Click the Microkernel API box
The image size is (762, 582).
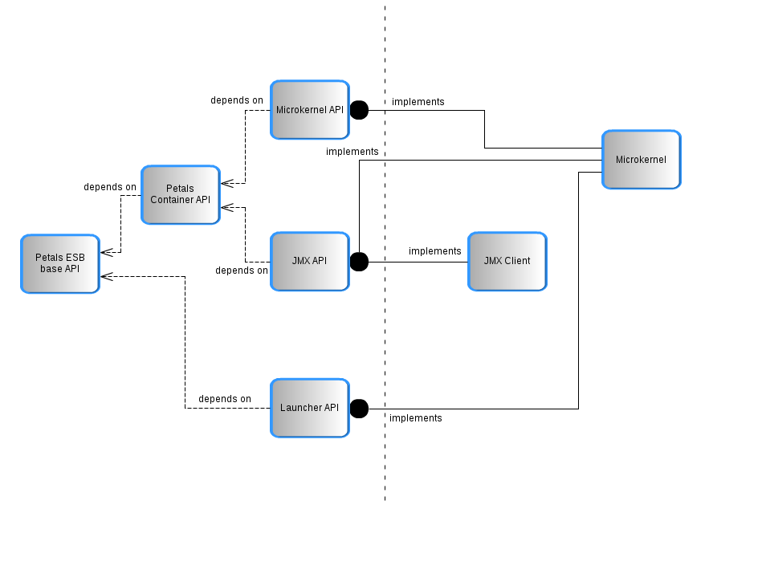[x=309, y=109]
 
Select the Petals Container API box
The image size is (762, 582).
[x=180, y=194]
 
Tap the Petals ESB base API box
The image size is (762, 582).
[x=59, y=263]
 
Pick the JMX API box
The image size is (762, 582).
[x=309, y=261]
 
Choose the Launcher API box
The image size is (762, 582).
[x=309, y=408]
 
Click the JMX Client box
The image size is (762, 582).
[x=507, y=261]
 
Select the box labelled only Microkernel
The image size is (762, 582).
[x=641, y=160]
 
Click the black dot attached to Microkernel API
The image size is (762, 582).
[x=359, y=109]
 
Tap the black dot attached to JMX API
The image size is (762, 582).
[x=359, y=261]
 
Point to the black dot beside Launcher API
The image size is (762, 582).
[x=359, y=409]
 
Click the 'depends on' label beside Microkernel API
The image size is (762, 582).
[x=237, y=100]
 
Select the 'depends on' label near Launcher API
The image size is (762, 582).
[x=225, y=399]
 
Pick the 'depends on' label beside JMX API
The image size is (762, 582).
[x=242, y=271]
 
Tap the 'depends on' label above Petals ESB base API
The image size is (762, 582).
[x=110, y=187]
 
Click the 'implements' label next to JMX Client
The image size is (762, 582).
[x=435, y=251]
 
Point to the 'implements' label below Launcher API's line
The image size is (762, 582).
[x=416, y=418]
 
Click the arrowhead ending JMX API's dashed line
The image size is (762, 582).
[x=226, y=207]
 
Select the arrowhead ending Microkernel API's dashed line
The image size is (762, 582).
[x=226, y=183]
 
